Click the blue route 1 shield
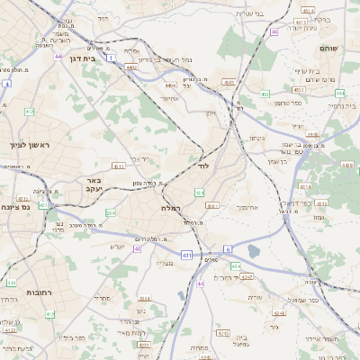point(111,57)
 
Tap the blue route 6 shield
point(228,248)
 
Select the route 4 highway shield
point(7,83)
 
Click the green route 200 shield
point(111,212)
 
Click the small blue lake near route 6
point(254,251)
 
